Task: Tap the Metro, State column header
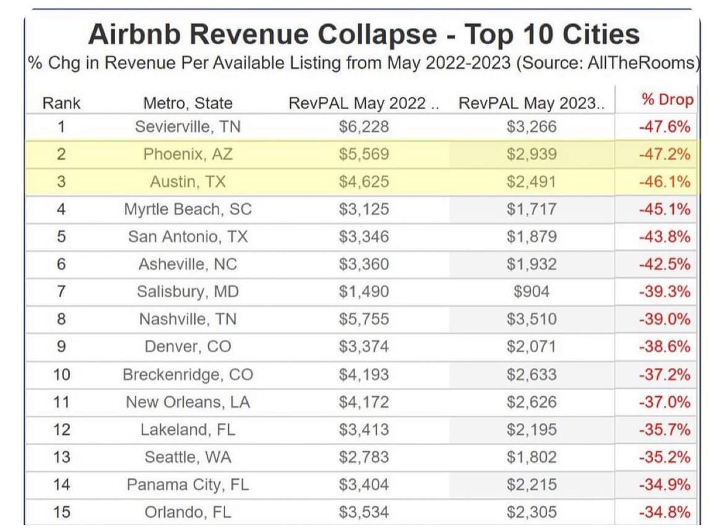pos(187,103)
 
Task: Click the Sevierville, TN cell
pos(187,127)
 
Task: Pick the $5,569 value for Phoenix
pos(364,154)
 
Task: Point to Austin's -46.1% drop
pos(664,182)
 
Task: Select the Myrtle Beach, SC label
pos(187,209)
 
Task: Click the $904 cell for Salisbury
pos(532,291)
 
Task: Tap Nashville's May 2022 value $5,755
pos(364,319)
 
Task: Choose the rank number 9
pos(61,346)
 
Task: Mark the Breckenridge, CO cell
pos(187,374)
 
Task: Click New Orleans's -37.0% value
pos(664,402)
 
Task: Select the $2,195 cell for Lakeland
pos(532,430)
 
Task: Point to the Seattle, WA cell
pos(187,457)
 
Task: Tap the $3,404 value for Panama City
pos(364,484)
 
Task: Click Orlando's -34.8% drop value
pos(664,512)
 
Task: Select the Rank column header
pos(61,103)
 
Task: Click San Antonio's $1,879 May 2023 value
pos(532,236)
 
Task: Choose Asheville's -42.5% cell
pos(664,264)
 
